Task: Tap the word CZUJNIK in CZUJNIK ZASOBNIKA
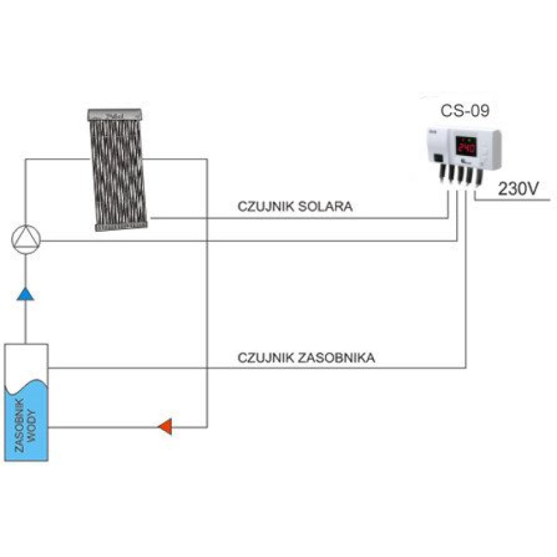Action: (x=262, y=358)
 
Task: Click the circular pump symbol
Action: (x=26, y=240)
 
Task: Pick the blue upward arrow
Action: (x=26, y=294)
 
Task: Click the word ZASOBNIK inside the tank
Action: (x=19, y=426)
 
